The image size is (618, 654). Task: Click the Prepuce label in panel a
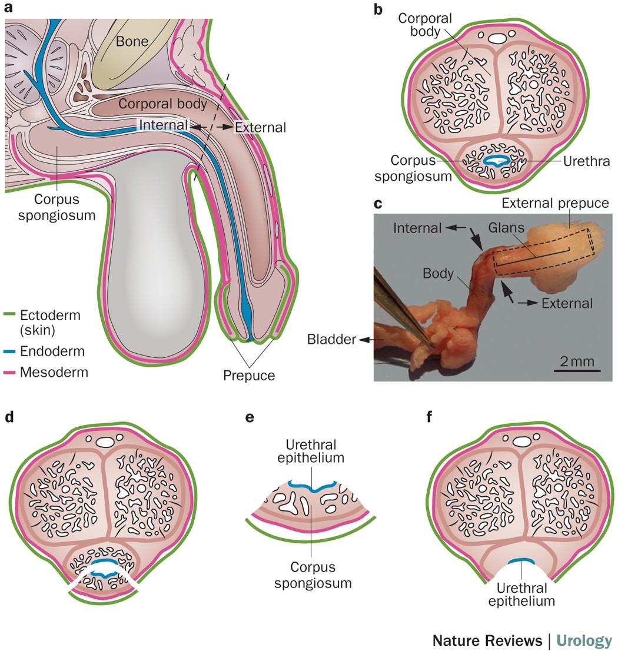pyautogui.click(x=249, y=374)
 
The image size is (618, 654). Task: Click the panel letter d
pyautogui.click(x=9, y=417)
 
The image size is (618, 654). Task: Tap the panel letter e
pyautogui.click(x=250, y=417)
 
